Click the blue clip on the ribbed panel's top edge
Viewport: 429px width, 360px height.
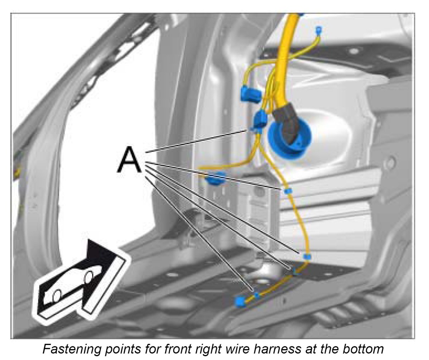pyautogui.click(x=287, y=190)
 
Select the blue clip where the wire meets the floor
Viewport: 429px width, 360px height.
pyautogui.click(x=307, y=256)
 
